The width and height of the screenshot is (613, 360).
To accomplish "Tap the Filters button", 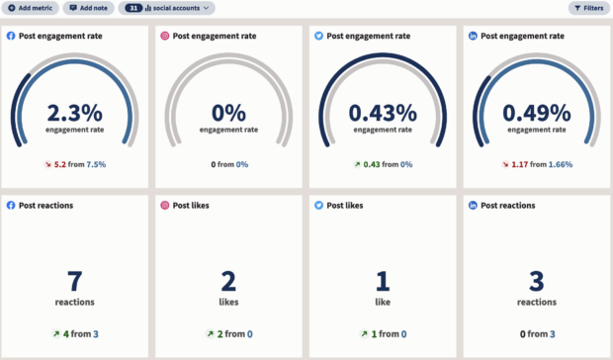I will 588,8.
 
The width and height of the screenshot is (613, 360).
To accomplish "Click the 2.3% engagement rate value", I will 75,112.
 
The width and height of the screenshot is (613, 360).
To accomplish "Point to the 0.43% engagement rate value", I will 382,112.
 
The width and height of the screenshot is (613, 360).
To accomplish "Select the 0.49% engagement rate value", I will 535,112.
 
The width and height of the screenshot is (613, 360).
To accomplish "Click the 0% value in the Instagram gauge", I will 228,112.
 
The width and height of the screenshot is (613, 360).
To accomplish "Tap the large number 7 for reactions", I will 75,281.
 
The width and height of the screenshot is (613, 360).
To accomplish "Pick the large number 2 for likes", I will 228,281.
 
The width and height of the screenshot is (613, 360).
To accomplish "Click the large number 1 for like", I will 382,281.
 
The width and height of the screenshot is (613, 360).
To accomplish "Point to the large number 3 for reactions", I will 535,281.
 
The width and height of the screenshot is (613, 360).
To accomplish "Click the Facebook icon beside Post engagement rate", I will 11,36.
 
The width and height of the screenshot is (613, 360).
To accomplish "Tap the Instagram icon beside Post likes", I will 165,206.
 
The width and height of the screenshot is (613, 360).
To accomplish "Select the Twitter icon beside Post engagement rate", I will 318,36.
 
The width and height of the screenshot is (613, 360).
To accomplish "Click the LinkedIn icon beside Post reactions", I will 472,206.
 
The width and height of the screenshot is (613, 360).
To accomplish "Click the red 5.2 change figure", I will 58,164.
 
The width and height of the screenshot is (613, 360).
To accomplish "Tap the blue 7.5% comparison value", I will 96,164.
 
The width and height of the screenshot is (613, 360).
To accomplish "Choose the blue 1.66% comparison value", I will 560,164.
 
